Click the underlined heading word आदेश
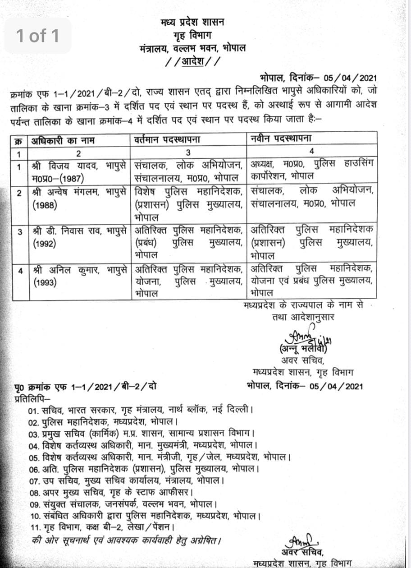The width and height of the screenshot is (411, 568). coord(192,62)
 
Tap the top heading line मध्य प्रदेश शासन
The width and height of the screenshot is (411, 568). coord(193,22)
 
